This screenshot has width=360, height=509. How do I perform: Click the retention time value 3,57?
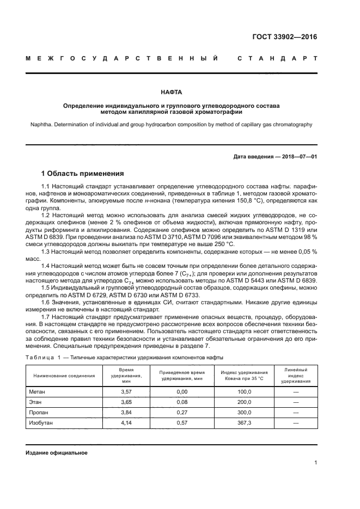(126, 391)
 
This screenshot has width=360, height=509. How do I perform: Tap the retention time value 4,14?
(126, 422)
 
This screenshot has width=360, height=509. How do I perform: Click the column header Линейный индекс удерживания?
(296, 376)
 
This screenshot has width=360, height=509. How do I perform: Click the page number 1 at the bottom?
(315, 463)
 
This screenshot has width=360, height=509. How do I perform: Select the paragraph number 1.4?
(46, 265)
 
